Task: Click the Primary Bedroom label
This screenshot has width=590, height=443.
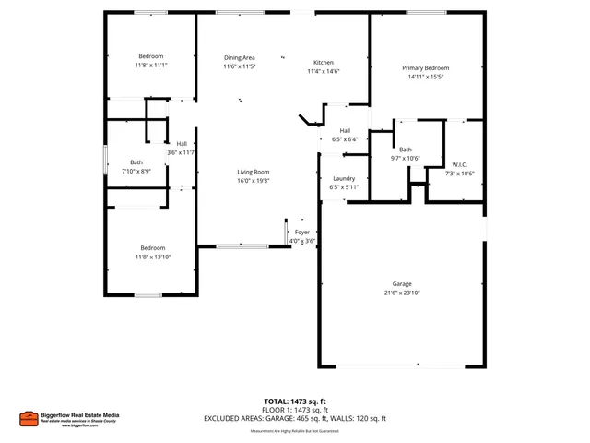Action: pos(425,68)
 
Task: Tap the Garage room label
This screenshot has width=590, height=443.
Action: pos(402,283)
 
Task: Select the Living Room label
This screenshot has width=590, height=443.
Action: pos(253,172)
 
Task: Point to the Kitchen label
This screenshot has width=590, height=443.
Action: pos(323,61)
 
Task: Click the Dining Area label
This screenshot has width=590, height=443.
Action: pos(239,58)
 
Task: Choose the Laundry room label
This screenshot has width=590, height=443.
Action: pos(344,178)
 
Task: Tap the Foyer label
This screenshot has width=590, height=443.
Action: pos(302,232)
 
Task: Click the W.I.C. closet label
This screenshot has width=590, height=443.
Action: pos(460,165)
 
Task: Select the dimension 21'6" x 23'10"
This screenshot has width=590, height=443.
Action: pos(402,293)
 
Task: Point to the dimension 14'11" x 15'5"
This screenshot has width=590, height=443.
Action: pos(425,78)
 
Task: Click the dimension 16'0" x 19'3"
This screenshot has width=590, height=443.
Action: pos(253,181)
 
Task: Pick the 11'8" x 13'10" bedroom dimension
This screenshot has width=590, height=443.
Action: pos(152,257)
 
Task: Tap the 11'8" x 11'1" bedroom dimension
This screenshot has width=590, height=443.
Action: pos(151,66)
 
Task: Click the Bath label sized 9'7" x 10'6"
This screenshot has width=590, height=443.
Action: pos(405,150)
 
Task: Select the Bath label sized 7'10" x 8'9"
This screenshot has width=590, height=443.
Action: pos(136,162)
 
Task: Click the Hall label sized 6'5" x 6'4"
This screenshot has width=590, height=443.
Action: pos(344,131)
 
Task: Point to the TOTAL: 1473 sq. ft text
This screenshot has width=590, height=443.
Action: pos(295,401)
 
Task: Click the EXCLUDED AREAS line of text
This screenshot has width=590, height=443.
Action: pos(295,418)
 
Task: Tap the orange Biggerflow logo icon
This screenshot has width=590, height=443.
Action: pos(28,418)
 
